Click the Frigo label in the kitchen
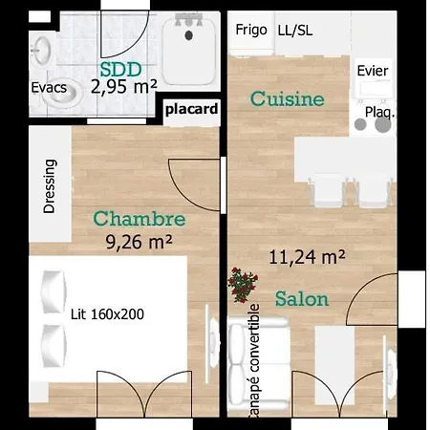click(x=251, y=30)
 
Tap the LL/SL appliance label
click(x=295, y=31)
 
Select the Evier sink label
click(x=373, y=71)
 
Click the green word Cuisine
click(x=288, y=98)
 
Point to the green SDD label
click(x=121, y=70)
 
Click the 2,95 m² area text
click(x=124, y=87)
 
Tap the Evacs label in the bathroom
click(x=49, y=88)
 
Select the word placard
click(x=192, y=109)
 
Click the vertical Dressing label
click(x=50, y=186)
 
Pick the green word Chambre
click(x=140, y=219)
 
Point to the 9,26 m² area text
click(x=139, y=242)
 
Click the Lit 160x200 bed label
click(x=107, y=314)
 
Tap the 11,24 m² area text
click(x=307, y=257)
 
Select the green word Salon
click(x=302, y=299)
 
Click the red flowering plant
click(x=243, y=285)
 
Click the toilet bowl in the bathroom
click(x=61, y=93)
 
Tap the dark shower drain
click(x=189, y=35)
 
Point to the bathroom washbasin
click(x=41, y=51)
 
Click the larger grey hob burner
click(x=383, y=124)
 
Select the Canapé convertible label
click(x=254, y=360)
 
